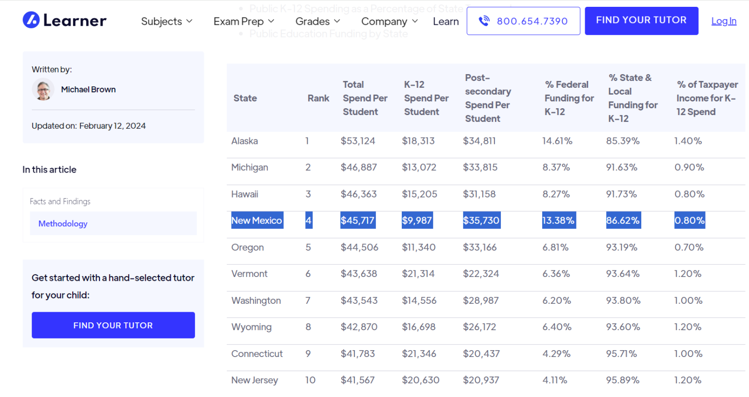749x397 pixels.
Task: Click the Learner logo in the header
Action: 64,20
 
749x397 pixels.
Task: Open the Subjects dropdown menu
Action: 167,21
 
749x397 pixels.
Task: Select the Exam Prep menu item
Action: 243,21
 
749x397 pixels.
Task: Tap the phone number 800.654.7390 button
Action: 523,21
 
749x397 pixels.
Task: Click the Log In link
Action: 724,21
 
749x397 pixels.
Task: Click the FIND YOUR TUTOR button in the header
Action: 641,20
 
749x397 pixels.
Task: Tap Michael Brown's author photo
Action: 43,90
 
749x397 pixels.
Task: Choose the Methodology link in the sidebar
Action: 63,224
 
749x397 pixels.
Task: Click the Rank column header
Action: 318,98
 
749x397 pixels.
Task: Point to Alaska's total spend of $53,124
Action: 358,141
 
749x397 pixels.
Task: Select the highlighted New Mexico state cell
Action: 256,220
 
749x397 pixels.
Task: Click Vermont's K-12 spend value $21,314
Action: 418,274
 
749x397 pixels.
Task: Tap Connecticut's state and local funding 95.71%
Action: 621,354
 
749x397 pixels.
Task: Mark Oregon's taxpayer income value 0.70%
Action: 689,247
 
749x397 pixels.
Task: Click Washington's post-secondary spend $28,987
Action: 481,300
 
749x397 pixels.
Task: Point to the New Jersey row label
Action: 255,380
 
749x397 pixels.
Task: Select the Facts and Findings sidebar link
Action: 60,201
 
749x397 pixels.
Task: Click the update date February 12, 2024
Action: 113,126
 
